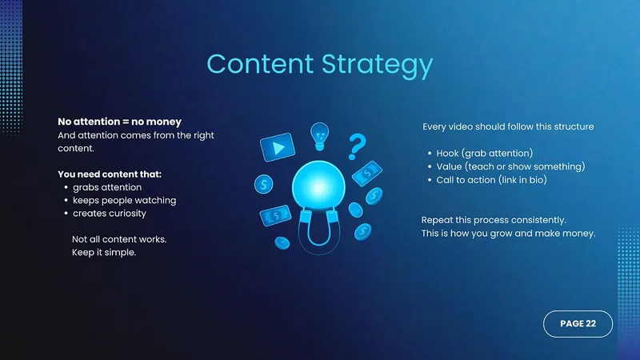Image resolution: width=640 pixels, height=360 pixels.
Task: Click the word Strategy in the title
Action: [x=377, y=66]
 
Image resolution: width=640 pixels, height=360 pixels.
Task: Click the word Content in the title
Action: [x=261, y=64]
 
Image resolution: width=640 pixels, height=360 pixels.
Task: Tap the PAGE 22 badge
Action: [x=578, y=324]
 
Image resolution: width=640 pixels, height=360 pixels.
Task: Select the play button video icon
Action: [x=278, y=147]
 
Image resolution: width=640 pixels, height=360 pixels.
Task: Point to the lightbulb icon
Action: [x=319, y=136]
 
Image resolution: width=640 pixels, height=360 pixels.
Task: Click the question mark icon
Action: [x=357, y=146]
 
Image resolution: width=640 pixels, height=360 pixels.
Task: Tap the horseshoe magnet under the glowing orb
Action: [x=319, y=230]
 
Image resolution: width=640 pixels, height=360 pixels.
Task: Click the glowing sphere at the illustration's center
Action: [x=318, y=187]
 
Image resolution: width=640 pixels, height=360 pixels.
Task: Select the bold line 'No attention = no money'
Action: [x=119, y=122]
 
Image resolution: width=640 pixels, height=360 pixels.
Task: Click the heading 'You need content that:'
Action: [x=110, y=174]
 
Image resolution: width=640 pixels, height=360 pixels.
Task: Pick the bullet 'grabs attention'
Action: [x=107, y=187]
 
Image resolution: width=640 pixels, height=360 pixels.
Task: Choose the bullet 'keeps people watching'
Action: [x=125, y=201]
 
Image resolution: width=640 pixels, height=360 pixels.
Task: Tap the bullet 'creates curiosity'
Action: [x=110, y=214]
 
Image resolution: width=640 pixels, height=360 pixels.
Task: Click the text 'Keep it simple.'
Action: [x=104, y=252]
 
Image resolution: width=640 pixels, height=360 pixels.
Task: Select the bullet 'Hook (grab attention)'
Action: [x=485, y=153]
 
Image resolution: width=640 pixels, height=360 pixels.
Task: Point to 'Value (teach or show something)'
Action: [x=510, y=166]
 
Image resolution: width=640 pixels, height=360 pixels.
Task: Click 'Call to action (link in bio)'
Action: [x=491, y=180]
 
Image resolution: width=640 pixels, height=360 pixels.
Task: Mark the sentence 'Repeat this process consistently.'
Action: [x=494, y=220]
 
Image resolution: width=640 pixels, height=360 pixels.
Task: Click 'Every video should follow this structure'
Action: [x=508, y=126]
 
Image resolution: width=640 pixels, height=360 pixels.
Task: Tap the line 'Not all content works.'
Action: [x=119, y=239]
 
